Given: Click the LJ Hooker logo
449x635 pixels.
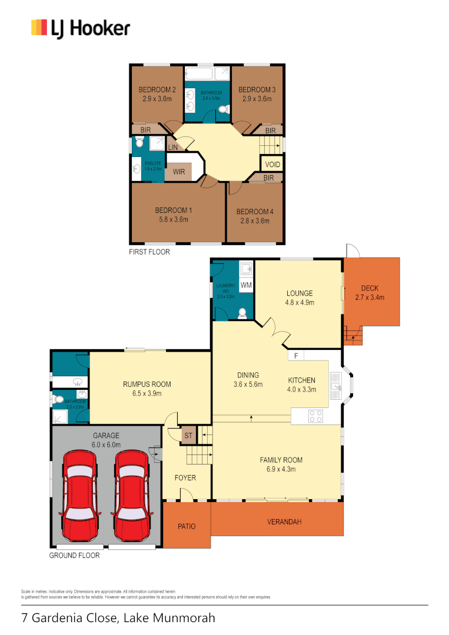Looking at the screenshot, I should point(81,28).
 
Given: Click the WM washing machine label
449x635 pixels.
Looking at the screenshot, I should point(246,285).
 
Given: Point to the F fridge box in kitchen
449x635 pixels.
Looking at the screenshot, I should point(296,356).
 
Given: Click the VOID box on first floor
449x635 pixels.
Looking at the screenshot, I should point(272,165).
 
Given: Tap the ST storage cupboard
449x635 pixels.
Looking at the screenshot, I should point(188,435).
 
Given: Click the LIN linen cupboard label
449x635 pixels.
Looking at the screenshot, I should point(173,147).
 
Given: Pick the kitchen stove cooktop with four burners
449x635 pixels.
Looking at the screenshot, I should point(315,416).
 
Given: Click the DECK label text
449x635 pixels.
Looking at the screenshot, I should point(370,288).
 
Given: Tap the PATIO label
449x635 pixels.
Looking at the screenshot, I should point(187,526).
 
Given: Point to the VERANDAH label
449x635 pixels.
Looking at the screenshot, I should point(285,522).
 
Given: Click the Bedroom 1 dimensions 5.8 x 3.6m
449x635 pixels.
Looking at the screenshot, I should point(174,220).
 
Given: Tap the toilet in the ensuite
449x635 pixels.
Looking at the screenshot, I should point(139,142).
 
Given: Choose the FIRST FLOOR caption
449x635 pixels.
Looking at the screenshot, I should point(149,252).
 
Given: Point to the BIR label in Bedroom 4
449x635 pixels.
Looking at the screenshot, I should point(268,178).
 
